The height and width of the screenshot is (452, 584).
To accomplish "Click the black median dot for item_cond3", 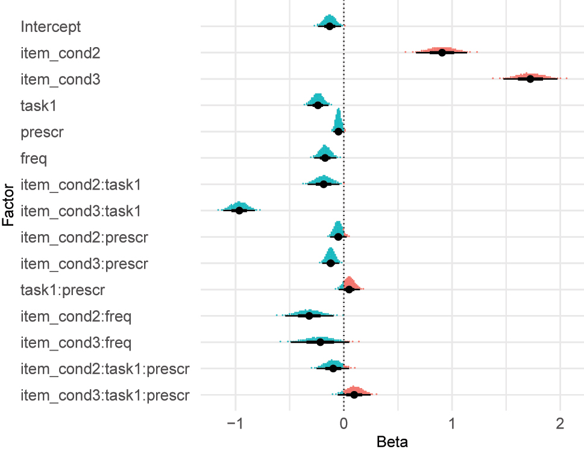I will [x=530, y=79].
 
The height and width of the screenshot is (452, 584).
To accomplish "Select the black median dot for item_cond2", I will [x=442, y=53].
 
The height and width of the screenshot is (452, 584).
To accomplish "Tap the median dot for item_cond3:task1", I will [x=239, y=210].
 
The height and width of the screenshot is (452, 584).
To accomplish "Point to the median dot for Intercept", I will [x=329, y=27].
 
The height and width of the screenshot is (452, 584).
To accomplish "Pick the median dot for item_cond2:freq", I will [x=310, y=316].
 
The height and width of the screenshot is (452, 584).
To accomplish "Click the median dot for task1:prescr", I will [x=349, y=290].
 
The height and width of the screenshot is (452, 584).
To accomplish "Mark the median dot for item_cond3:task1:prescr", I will [x=354, y=395].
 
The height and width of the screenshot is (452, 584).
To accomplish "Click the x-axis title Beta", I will [x=392, y=442].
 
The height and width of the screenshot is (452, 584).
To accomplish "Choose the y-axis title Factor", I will [x=8, y=210].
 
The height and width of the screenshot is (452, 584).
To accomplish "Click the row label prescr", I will [x=42, y=132].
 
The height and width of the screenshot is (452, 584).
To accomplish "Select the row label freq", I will [x=34, y=158].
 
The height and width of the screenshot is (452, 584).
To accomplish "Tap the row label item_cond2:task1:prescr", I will [x=105, y=368].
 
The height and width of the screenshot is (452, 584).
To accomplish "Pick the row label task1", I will [x=39, y=106].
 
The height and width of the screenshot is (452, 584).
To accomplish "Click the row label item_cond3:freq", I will [x=76, y=342].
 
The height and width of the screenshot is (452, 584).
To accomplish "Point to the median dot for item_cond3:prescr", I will [x=330, y=263].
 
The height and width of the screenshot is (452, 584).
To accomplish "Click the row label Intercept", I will [x=51, y=27].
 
